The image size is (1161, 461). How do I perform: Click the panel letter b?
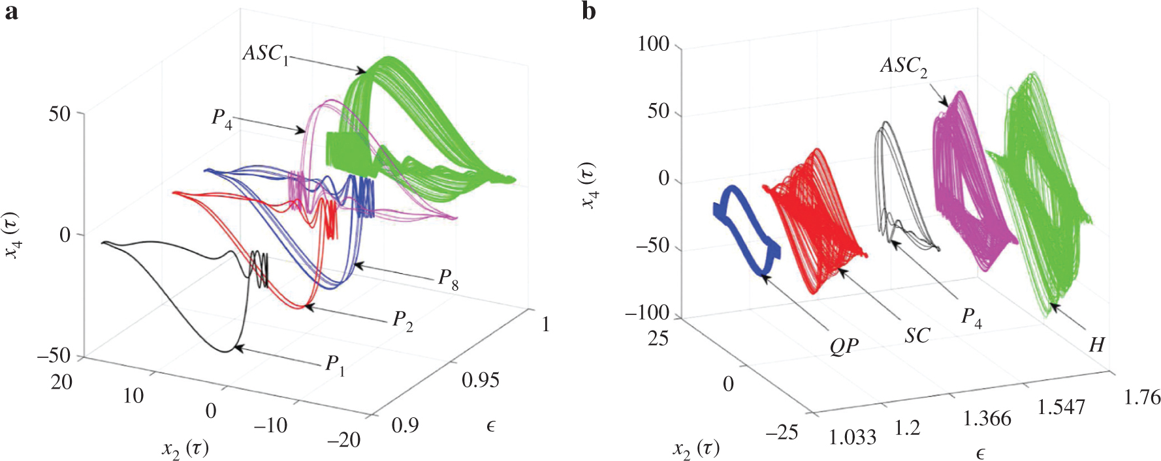click(x=588, y=12)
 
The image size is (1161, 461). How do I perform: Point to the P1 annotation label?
click(x=335, y=364)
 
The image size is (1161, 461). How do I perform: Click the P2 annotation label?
click(x=402, y=320)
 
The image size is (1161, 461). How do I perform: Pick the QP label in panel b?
click(x=844, y=346)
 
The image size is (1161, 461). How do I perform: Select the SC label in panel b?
click(x=917, y=336)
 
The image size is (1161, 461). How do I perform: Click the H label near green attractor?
click(x=1096, y=344)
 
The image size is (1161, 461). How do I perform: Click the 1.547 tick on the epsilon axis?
click(x=1061, y=408)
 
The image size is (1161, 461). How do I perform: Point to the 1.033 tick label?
click(x=852, y=437)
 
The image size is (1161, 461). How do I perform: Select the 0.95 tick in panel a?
click(x=480, y=380)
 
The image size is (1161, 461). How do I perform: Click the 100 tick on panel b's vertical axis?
click(x=654, y=44)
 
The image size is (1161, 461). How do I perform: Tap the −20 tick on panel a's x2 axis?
click(x=344, y=440)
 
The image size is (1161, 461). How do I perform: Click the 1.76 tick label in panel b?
click(x=1141, y=396)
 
